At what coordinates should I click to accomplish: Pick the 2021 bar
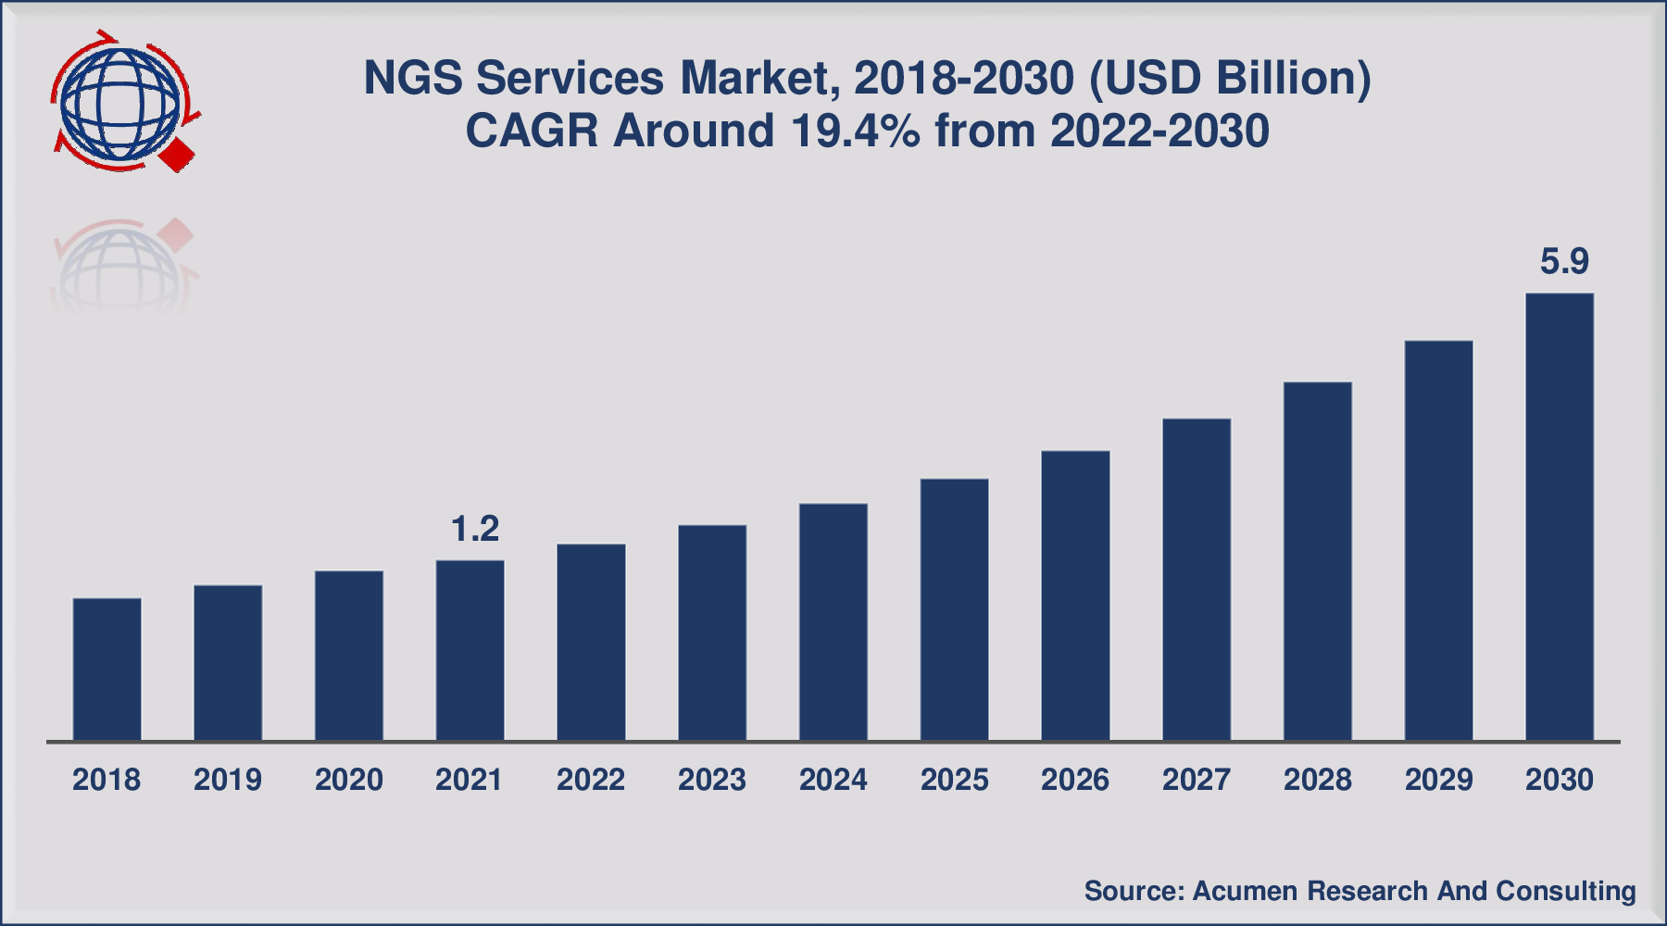click(x=470, y=650)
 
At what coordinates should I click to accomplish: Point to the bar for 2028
click(x=1317, y=561)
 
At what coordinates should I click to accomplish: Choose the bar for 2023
click(x=711, y=632)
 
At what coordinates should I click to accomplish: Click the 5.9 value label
click(x=1564, y=262)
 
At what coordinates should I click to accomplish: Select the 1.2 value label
click(x=474, y=529)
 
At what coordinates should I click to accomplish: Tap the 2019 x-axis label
click(x=228, y=780)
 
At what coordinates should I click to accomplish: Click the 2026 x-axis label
click(x=1074, y=780)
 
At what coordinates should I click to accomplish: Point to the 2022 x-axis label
click(x=591, y=780)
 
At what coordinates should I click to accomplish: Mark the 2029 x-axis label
click(x=1438, y=780)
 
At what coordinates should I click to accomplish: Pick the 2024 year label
click(x=833, y=780)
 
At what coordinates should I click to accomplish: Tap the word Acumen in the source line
click(x=1246, y=891)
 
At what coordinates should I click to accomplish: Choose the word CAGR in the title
click(x=532, y=131)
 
